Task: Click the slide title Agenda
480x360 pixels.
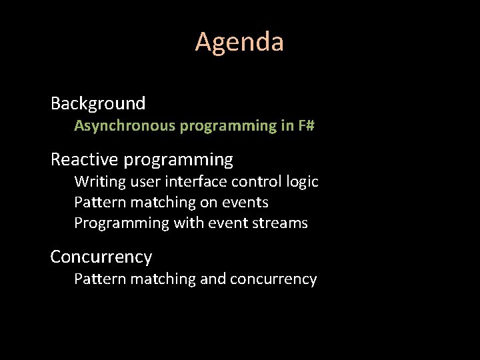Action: (x=239, y=43)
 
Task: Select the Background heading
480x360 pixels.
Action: (x=98, y=103)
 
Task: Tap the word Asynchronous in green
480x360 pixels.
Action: (x=125, y=125)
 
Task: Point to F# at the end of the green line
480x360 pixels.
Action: (x=306, y=125)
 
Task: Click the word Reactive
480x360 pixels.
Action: (x=85, y=160)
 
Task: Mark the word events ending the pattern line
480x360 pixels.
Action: (x=247, y=202)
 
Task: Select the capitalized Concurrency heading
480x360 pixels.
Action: (x=101, y=257)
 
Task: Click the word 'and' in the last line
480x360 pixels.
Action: (x=213, y=279)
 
